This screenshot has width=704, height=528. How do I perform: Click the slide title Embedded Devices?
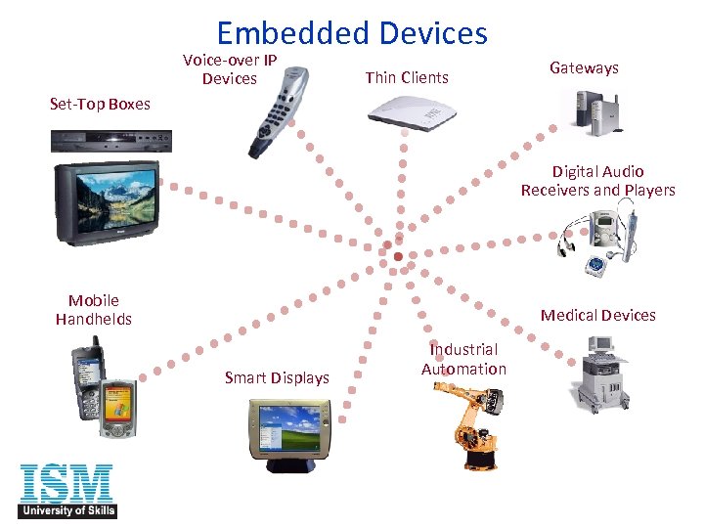(352, 33)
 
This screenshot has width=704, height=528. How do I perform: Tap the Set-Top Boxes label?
(100, 104)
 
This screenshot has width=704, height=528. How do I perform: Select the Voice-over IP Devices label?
(230, 69)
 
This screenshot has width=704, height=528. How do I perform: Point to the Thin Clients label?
(407, 77)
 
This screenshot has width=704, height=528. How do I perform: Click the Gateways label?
(584, 67)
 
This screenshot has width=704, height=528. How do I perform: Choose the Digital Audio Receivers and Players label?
(597, 181)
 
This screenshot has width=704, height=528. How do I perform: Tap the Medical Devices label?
(597, 315)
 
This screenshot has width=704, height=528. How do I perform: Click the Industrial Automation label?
(463, 359)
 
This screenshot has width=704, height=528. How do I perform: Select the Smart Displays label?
(277, 377)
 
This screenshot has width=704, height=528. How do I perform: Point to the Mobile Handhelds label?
(94, 310)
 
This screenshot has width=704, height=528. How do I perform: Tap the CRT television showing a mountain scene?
(104, 204)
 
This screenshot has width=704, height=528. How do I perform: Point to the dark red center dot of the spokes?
(399, 255)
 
